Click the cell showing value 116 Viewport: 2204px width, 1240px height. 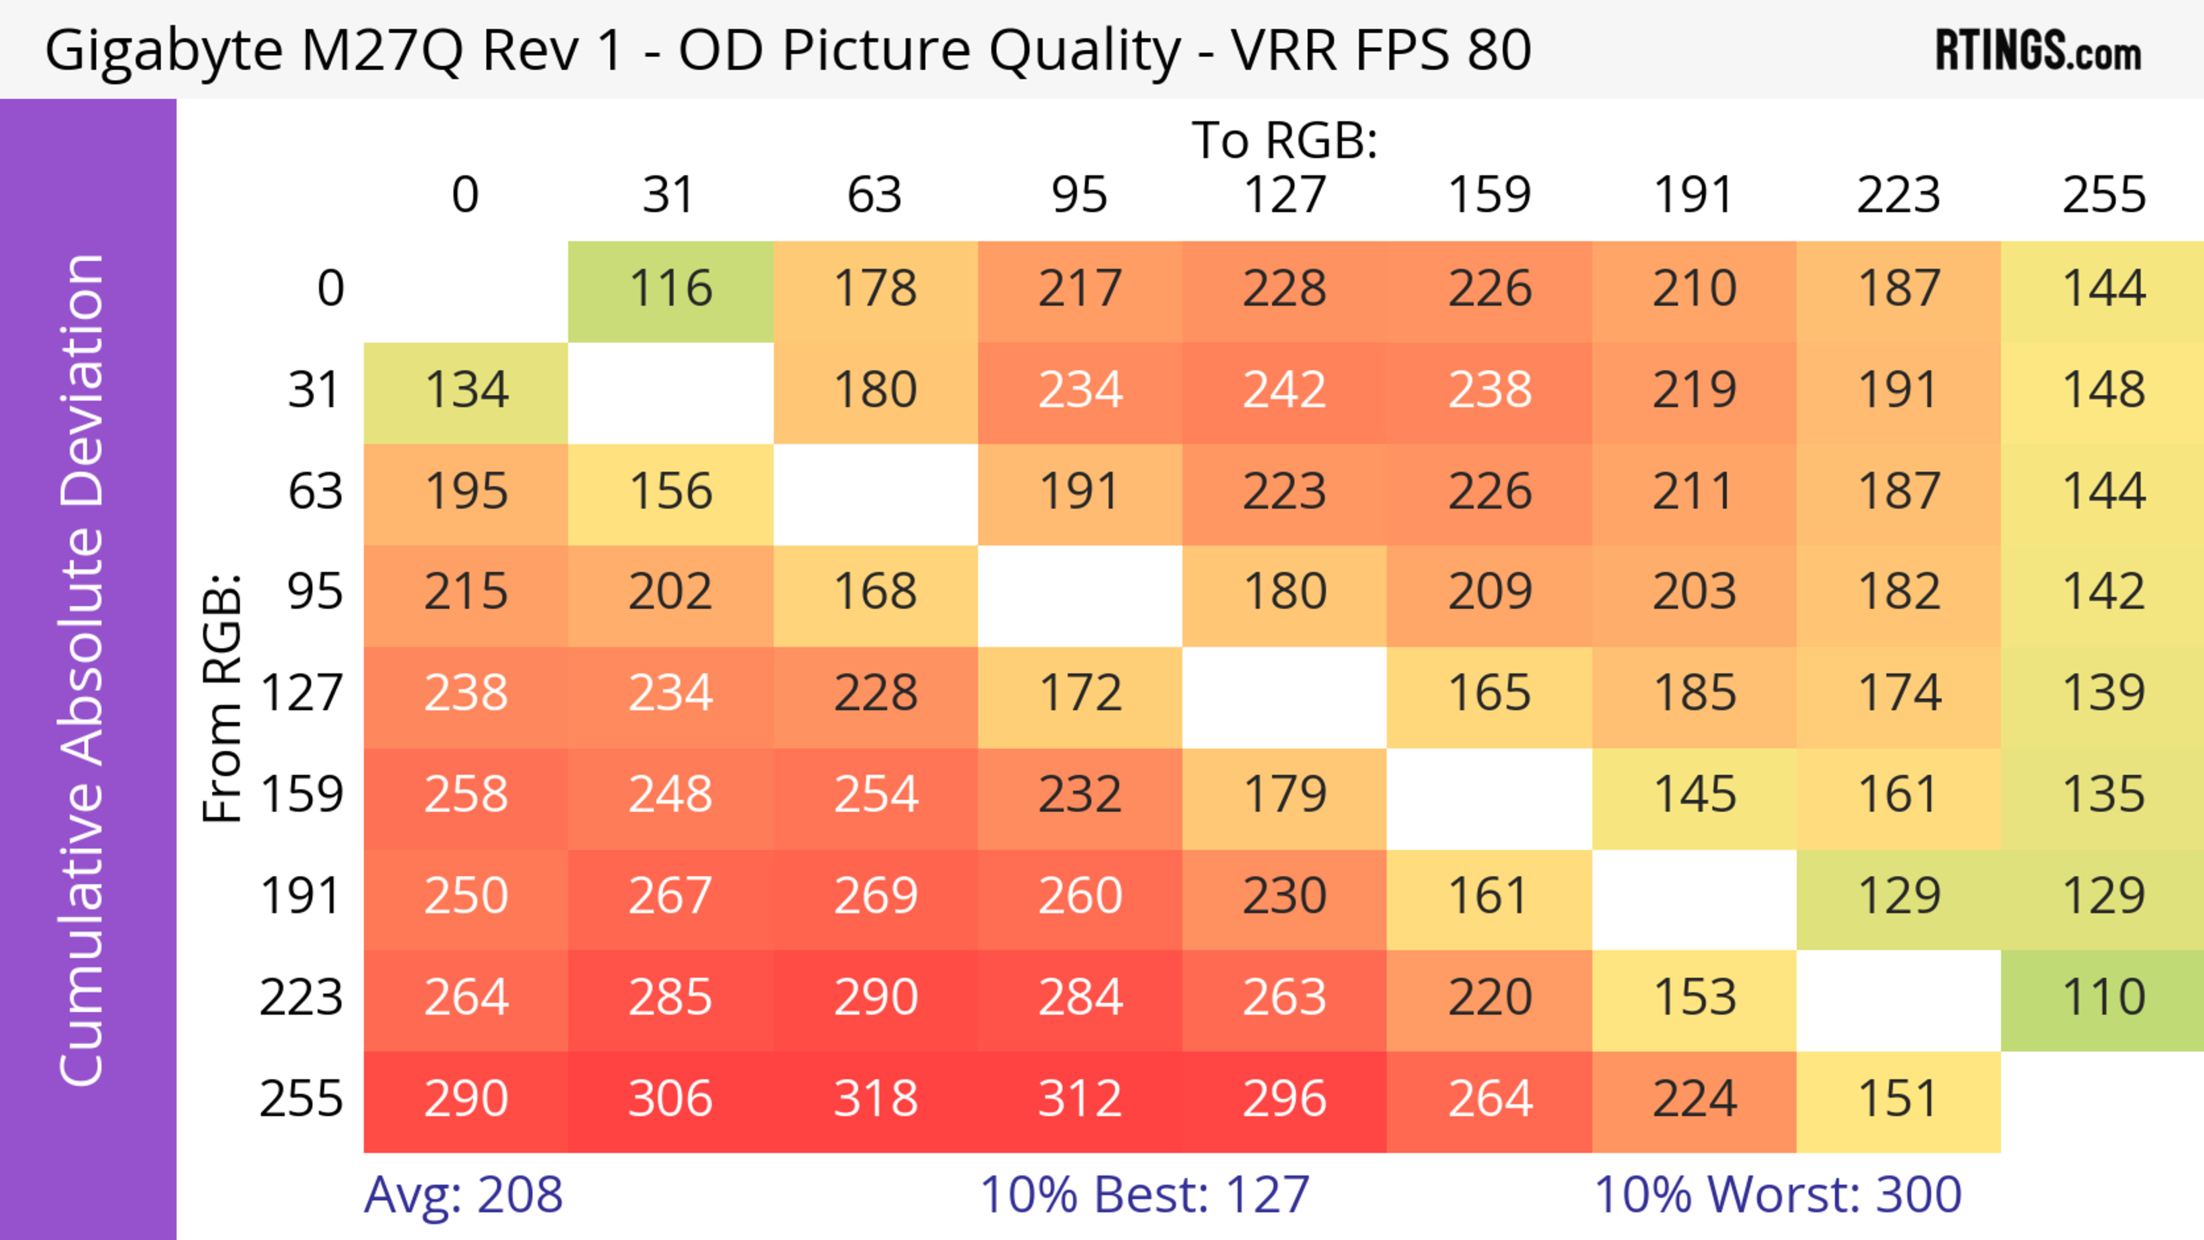pos(671,290)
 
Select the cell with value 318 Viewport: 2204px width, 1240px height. pos(875,1100)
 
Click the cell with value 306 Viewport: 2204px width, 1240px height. pos(671,1100)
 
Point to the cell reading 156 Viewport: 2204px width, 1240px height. pos(671,492)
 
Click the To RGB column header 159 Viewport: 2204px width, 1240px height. pos(1489,195)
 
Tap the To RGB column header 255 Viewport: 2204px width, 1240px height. pos(2103,195)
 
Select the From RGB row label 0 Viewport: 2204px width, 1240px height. pos(330,290)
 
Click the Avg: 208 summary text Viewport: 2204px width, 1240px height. pos(463,1195)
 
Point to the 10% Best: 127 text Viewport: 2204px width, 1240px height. pos(1144,1195)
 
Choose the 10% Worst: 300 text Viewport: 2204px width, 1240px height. pos(1777,1195)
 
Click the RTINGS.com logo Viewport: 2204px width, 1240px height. pos(2038,50)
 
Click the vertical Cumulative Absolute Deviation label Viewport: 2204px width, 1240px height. pos(83,670)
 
